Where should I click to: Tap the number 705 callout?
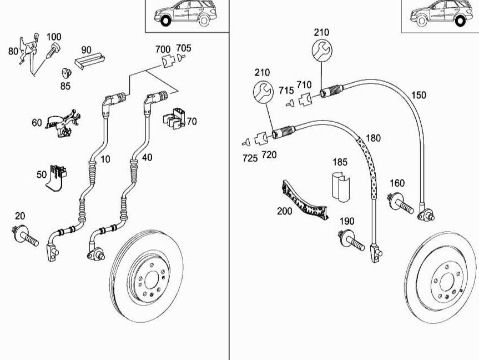click(183, 48)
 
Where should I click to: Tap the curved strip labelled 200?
click(304, 201)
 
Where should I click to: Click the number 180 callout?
click(372, 138)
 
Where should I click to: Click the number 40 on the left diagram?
click(147, 158)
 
